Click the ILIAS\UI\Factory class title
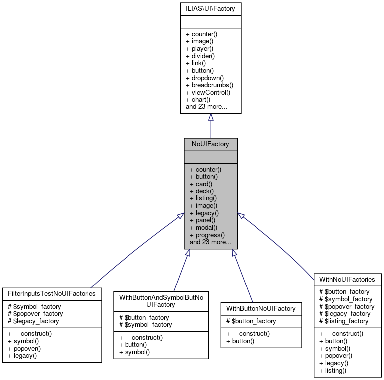click(x=211, y=8)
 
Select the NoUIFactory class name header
click(x=211, y=144)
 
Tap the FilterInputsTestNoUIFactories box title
click(x=52, y=293)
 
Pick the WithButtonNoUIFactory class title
click(x=261, y=308)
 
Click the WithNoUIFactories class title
click(x=347, y=279)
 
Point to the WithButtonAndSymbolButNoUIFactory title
click(x=161, y=300)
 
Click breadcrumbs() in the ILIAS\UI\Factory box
click(x=209, y=85)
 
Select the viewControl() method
click(x=208, y=92)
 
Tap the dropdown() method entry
click(x=204, y=78)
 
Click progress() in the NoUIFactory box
click(x=207, y=235)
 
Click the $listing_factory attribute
click(x=344, y=321)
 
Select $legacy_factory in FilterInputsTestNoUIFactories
click(x=34, y=321)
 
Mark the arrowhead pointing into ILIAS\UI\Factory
click(x=211, y=117)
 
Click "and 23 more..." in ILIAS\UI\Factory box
click(x=206, y=106)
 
